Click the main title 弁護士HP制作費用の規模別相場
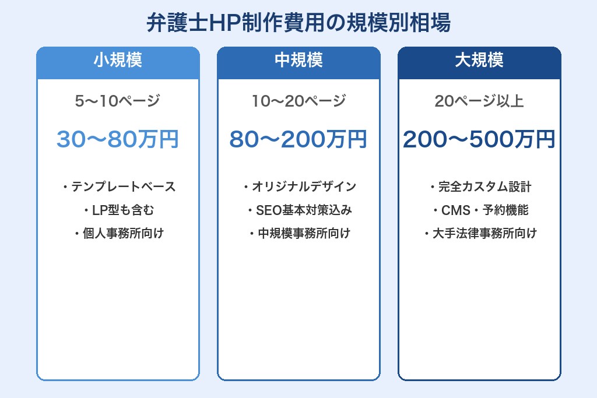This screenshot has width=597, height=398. (x=298, y=24)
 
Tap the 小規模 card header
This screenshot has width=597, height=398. (x=118, y=61)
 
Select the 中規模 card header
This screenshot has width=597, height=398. (x=298, y=61)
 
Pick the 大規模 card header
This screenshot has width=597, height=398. (x=479, y=61)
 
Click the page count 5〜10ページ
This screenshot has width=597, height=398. (x=118, y=101)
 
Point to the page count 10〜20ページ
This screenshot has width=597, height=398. (x=298, y=101)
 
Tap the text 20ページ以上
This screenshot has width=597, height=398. (x=479, y=101)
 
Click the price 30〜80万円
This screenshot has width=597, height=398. (x=118, y=140)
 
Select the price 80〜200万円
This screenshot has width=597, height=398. (x=298, y=140)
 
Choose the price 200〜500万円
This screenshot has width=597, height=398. (x=479, y=140)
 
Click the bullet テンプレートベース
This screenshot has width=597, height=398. (x=122, y=187)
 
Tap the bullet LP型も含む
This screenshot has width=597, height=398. (x=122, y=210)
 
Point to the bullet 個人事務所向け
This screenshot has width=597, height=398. (x=122, y=234)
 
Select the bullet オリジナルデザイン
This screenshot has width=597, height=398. (x=303, y=187)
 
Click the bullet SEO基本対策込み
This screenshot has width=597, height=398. (x=303, y=210)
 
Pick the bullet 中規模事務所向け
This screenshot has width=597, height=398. (x=303, y=234)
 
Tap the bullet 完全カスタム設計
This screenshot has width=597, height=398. (x=484, y=187)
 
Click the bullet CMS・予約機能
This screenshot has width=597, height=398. (x=484, y=210)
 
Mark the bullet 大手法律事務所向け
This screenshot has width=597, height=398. (x=484, y=234)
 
